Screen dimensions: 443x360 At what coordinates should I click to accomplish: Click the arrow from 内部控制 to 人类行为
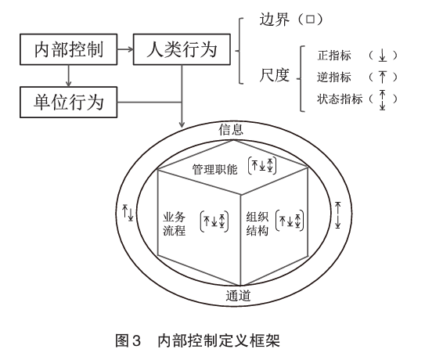coord(125,49)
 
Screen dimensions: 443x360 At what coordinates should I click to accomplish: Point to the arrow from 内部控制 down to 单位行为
coord(68,76)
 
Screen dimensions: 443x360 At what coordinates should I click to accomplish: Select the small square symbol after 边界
coord(310,20)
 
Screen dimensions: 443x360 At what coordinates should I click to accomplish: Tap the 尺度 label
coord(275,75)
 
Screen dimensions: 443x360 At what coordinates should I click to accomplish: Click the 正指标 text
coord(334,56)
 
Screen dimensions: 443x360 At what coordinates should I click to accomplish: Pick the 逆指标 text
coord(334,77)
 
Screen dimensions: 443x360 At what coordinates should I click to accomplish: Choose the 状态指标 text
coord(340,99)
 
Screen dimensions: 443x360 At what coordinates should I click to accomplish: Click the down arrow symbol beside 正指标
coord(382,56)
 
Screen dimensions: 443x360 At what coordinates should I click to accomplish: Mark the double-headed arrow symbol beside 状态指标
coord(382,99)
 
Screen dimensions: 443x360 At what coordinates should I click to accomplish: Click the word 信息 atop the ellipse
coord(231,129)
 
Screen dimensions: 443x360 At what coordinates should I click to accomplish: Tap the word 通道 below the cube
coord(238,296)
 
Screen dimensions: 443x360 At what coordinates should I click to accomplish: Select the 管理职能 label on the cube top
coord(215,170)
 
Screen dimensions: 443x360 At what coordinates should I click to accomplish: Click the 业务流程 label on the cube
coord(175,224)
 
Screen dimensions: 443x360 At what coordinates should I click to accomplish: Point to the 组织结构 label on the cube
coord(257,224)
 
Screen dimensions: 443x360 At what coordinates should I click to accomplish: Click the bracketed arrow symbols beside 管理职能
coord(262,165)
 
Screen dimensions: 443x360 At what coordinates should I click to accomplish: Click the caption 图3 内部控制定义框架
coord(197,340)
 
